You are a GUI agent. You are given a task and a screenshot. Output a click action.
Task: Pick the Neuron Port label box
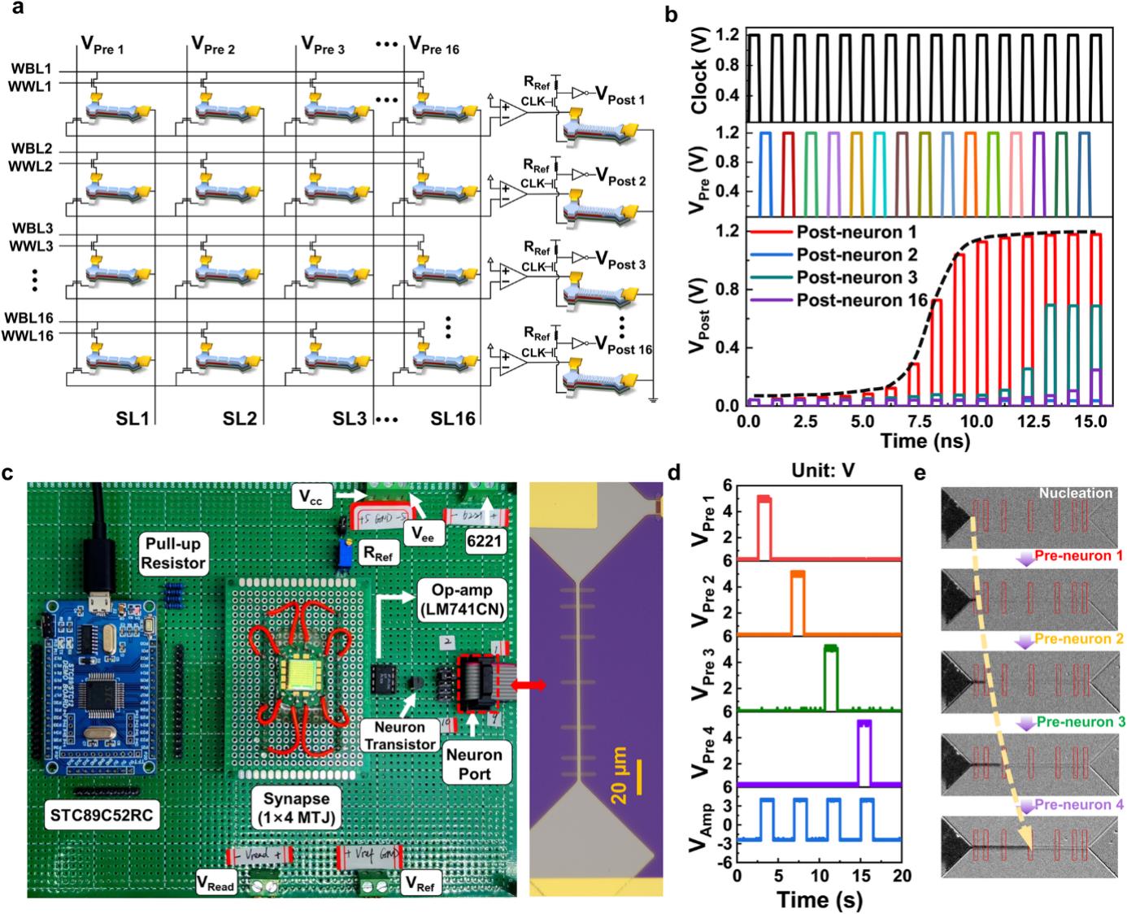click(474, 764)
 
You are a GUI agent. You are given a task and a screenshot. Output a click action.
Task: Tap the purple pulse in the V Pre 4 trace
click(864, 752)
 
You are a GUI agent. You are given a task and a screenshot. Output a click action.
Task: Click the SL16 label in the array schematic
click(453, 419)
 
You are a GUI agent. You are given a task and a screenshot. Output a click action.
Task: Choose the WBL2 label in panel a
click(33, 150)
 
